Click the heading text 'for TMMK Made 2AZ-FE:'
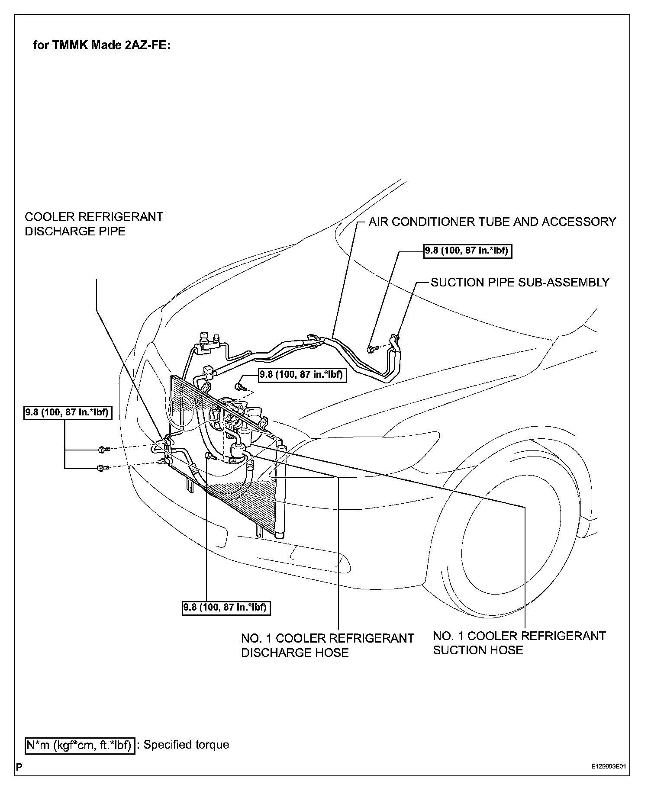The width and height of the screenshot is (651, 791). click(x=102, y=45)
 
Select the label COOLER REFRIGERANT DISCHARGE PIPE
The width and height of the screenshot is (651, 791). click(x=94, y=224)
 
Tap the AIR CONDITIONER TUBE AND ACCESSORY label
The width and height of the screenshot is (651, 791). click(x=492, y=222)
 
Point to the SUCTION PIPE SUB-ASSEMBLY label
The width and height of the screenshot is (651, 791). click(x=520, y=283)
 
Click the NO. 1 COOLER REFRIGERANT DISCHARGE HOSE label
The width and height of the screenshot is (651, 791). click(x=328, y=645)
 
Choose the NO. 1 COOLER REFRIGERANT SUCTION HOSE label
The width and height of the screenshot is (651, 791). click(x=519, y=643)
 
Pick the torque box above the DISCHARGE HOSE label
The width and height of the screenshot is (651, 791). click(x=226, y=608)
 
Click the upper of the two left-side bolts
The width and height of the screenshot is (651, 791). click(x=102, y=450)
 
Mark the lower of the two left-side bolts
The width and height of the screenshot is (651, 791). click(x=102, y=468)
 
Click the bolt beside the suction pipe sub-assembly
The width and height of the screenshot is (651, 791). click(x=371, y=348)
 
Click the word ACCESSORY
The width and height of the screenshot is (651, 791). click(x=579, y=222)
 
